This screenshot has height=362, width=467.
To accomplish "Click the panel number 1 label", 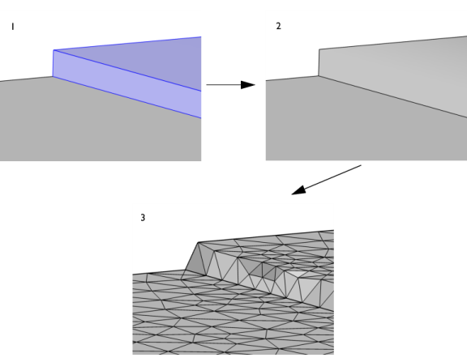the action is click(x=12, y=27).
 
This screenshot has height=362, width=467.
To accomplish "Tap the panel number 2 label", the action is click(x=278, y=26).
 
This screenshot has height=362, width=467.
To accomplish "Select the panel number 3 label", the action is click(x=143, y=218).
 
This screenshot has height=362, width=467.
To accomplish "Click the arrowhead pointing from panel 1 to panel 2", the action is click(x=248, y=85).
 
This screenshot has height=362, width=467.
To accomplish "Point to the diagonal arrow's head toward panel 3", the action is click(x=298, y=190).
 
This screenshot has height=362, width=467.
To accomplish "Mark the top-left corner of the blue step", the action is click(x=54, y=50).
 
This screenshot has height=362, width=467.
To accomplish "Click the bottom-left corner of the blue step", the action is click(x=53, y=77).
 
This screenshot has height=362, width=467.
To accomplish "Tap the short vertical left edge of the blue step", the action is click(x=53, y=63).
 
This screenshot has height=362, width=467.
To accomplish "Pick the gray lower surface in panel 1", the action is click(x=89, y=125).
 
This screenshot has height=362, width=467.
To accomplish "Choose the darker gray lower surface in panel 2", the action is click(x=358, y=125).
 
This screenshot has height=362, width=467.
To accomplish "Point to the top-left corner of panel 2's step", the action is click(x=319, y=49).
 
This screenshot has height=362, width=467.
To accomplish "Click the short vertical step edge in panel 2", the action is click(x=319, y=62).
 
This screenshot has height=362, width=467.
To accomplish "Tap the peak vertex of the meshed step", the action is click(x=198, y=242).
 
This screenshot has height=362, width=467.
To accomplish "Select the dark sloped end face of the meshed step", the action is click(x=195, y=259).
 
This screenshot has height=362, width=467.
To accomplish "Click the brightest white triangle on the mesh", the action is click(x=296, y=274).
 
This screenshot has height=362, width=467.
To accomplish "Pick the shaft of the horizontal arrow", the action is click(x=224, y=85).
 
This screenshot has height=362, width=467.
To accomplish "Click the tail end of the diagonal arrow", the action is click(x=361, y=165).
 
